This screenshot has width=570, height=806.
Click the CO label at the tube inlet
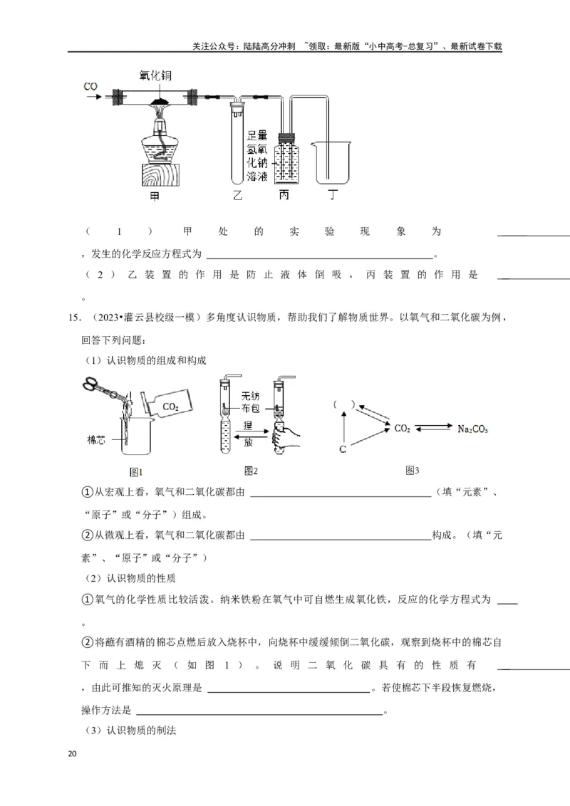pyautogui.click(x=90, y=86)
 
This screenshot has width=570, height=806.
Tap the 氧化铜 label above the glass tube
pyautogui.click(x=155, y=75)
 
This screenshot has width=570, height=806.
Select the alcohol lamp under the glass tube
pyautogui.click(x=160, y=139)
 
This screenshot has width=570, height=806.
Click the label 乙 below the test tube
pyautogui.click(x=237, y=195)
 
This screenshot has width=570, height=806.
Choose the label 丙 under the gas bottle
pyautogui.click(x=284, y=195)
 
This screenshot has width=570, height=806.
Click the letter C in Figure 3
pyautogui.click(x=343, y=449)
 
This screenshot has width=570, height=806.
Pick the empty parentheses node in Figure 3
pyautogui.click(x=343, y=404)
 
